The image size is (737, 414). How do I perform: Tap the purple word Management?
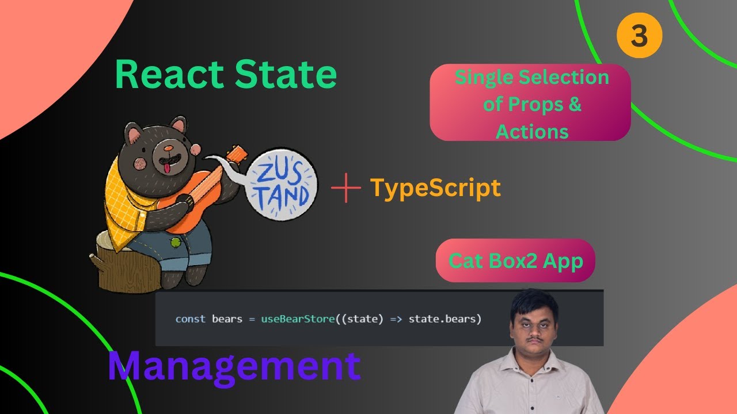[234, 366]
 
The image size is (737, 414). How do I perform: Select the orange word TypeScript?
[435, 187]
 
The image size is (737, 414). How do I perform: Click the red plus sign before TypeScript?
[346, 188]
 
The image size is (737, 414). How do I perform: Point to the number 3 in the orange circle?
[639, 36]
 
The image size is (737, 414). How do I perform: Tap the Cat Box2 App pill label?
[515, 260]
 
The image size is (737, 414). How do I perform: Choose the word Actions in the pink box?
[532, 132]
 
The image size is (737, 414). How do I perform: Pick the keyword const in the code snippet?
[190, 319]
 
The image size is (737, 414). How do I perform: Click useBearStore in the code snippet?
[297, 319]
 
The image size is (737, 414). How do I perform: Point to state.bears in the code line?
[445, 319]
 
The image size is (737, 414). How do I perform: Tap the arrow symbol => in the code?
[396, 319]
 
